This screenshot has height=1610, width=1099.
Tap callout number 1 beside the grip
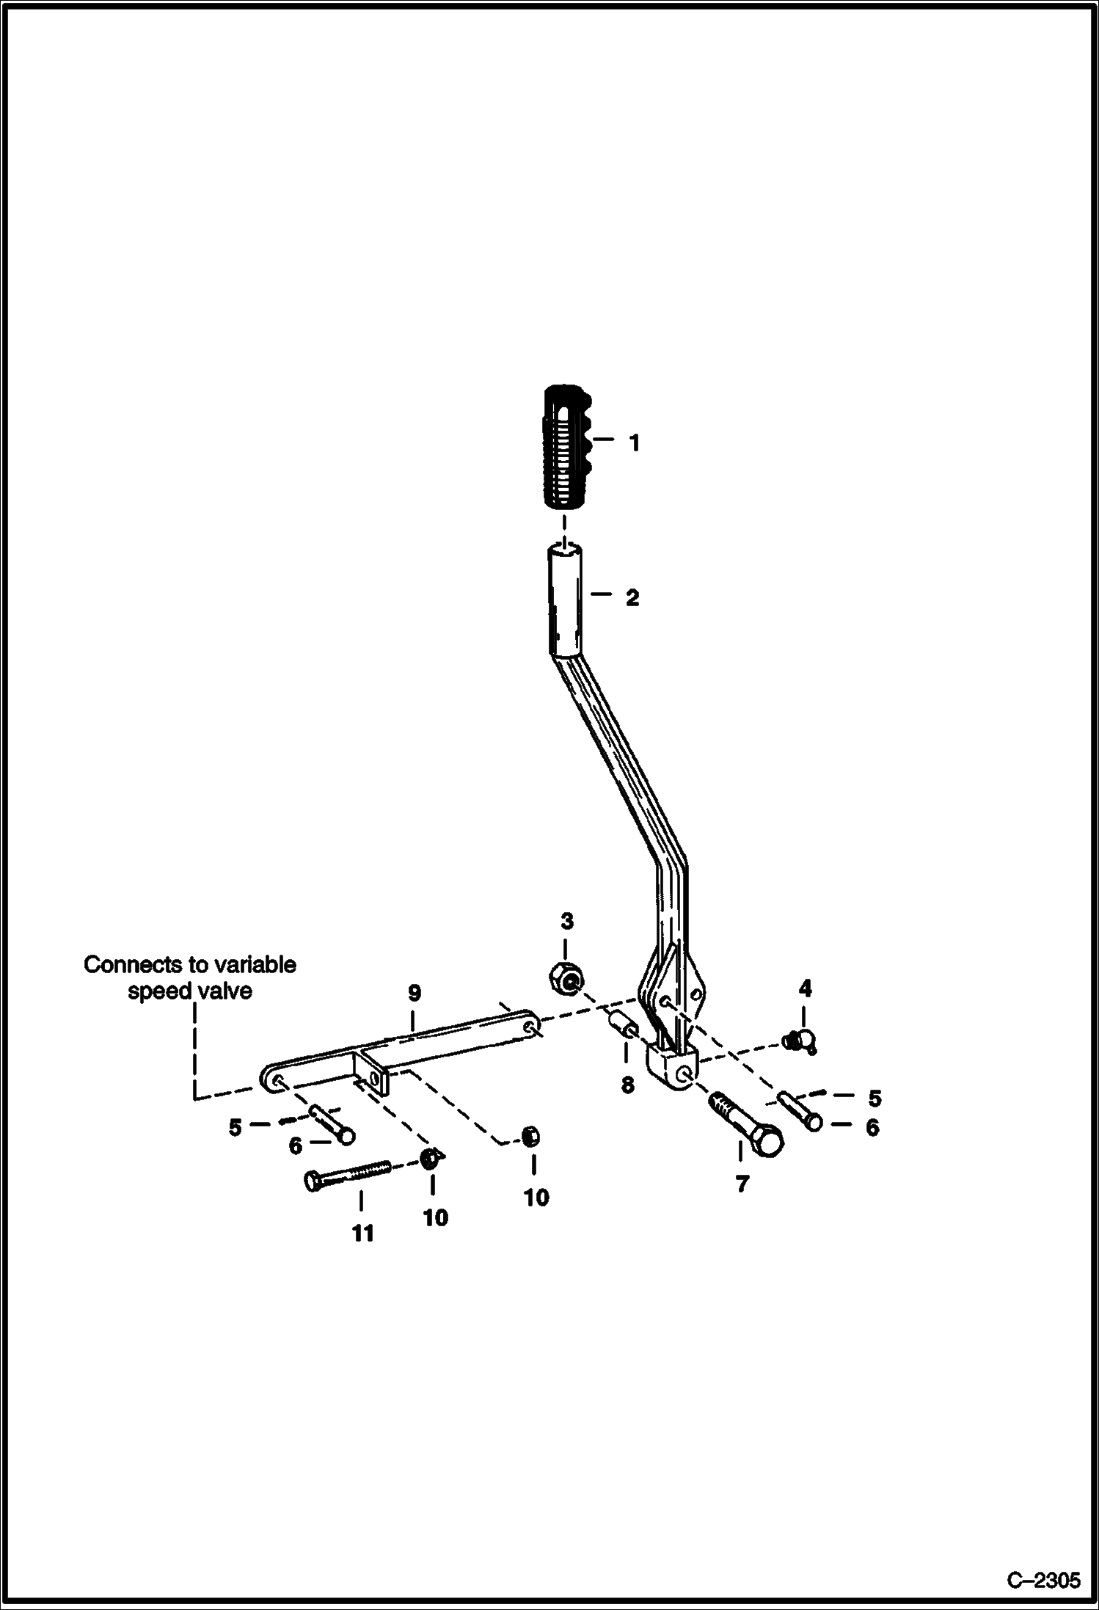635,443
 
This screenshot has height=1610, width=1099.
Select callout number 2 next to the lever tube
632,598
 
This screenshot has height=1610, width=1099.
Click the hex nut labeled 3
566,977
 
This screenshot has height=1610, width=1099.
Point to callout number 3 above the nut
566,922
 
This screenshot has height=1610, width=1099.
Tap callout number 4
805,989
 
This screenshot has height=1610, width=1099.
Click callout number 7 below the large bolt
742,1184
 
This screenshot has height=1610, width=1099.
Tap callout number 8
627,1085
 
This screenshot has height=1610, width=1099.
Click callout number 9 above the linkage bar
415,994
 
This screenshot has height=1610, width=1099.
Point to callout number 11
362,1234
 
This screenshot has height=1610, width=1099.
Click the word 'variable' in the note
254,964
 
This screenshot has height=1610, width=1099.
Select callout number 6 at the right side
872,1127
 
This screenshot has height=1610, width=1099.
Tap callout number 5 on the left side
235,1127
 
